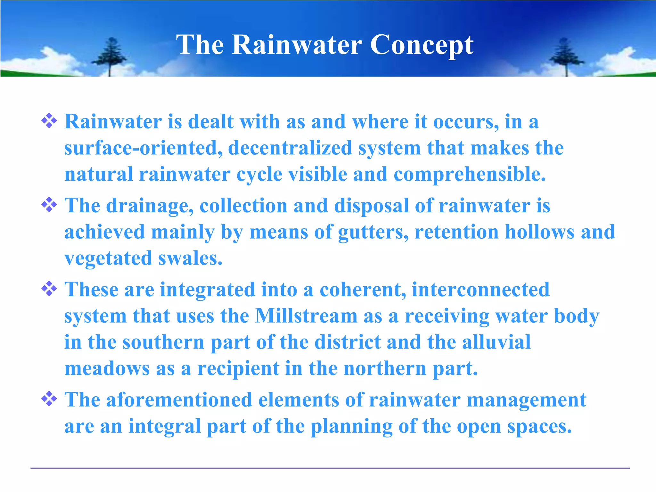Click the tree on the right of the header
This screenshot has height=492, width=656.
click(566, 56)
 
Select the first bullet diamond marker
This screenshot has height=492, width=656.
click(49, 121)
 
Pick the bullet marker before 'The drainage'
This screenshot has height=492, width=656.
click(49, 204)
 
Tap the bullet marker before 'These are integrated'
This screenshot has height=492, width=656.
click(49, 288)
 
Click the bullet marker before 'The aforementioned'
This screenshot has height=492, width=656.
click(49, 399)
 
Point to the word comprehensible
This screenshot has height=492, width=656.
click(469, 175)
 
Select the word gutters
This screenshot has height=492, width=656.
click(373, 232)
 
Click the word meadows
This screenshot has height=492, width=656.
click(107, 368)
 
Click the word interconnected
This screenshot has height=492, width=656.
click(480, 290)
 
